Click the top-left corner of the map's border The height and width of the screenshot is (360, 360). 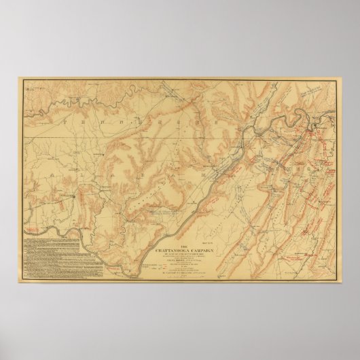click(x=21, y=80)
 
